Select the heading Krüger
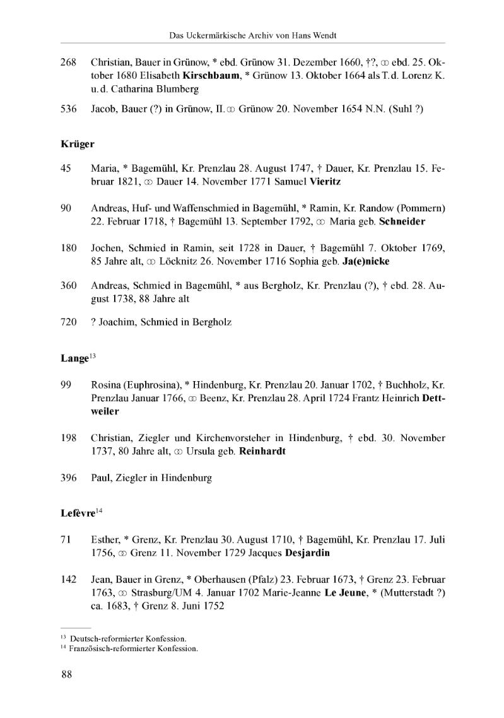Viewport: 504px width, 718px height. [77, 144]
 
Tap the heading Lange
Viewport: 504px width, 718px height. [74, 358]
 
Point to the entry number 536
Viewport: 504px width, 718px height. [68, 109]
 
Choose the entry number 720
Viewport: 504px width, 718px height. [68, 322]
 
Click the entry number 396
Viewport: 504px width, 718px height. [68, 478]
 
